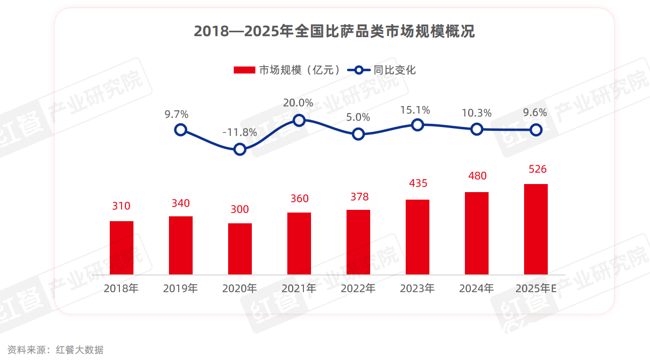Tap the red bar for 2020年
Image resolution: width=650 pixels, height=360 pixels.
[240, 249]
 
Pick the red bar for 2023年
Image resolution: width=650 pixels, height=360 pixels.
[418, 237]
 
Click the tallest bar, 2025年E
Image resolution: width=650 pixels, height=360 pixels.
[536, 229]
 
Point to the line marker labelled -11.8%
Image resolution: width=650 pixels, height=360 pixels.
[240, 149]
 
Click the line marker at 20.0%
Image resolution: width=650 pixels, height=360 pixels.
[299, 120]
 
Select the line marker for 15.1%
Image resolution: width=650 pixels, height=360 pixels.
[418, 125]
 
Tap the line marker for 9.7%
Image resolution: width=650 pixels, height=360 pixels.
[181, 130]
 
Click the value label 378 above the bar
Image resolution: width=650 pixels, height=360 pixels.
[358, 197]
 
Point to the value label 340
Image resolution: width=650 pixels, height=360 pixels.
[181, 203]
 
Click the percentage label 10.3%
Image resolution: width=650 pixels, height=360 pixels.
[476, 113]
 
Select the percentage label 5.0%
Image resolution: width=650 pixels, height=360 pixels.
[358, 117]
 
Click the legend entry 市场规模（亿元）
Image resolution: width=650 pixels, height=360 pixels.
[288, 70]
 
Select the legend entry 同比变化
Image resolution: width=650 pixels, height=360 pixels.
[382, 70]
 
